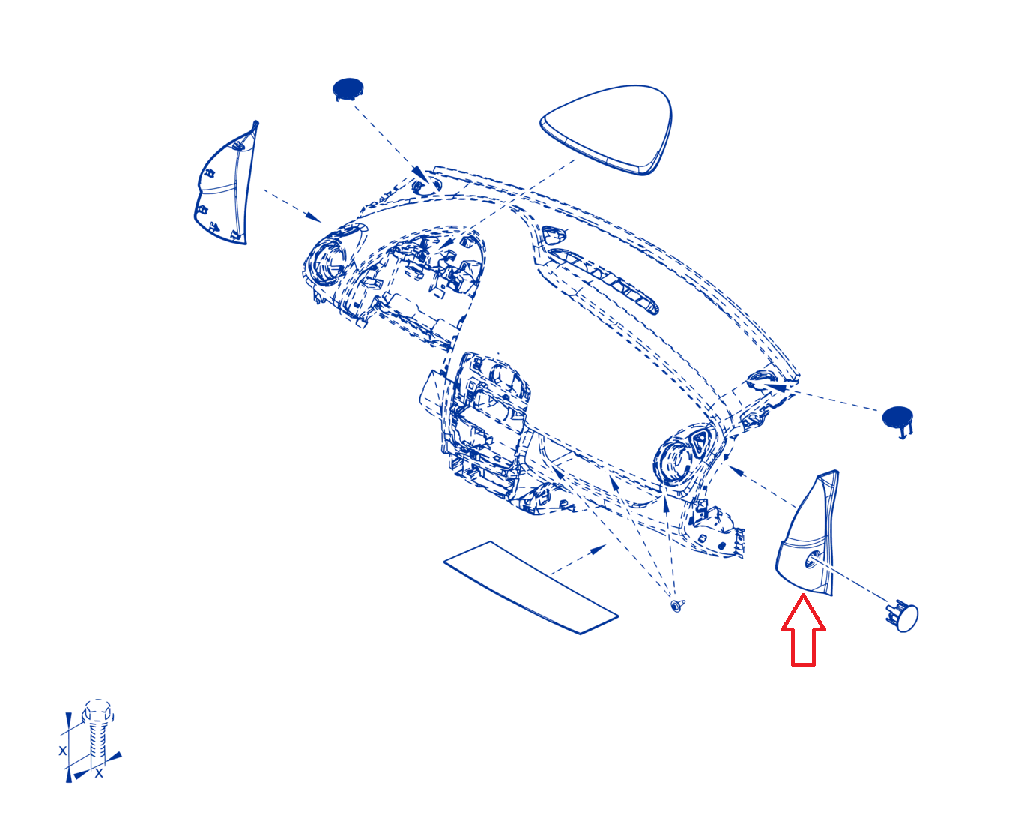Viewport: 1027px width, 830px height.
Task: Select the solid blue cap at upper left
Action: (348, 89)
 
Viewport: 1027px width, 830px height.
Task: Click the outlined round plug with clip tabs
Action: (903, 616)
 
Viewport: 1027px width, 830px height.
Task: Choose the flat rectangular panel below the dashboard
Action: (530, 587)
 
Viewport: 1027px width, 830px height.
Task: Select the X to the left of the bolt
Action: (63, 751)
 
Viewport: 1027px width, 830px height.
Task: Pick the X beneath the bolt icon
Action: (99, 774)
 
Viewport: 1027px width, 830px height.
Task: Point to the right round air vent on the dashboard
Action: (673, 461)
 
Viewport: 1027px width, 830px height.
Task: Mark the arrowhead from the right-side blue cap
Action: (775, 386)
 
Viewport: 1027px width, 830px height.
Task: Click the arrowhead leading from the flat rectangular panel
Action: (599, 548)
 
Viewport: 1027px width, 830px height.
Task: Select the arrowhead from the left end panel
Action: (313, 217)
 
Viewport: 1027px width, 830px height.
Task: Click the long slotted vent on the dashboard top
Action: (603, 280)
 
